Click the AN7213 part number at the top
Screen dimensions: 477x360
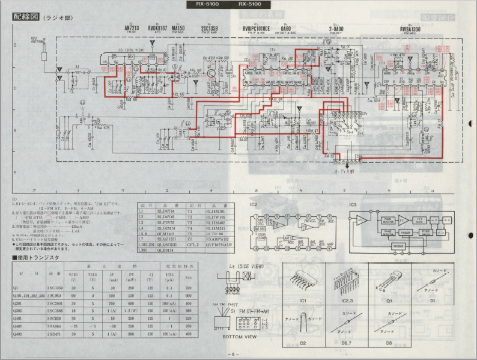[130, 28]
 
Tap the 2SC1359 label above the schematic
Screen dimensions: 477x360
[210, 28]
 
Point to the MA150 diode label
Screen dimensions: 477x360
[178, 28]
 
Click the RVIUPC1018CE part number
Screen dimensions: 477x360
[255, 28]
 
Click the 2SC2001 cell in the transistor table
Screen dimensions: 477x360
[54, 305]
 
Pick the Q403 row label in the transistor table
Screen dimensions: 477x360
[20, 334]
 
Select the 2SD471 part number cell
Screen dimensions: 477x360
[54, 334]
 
